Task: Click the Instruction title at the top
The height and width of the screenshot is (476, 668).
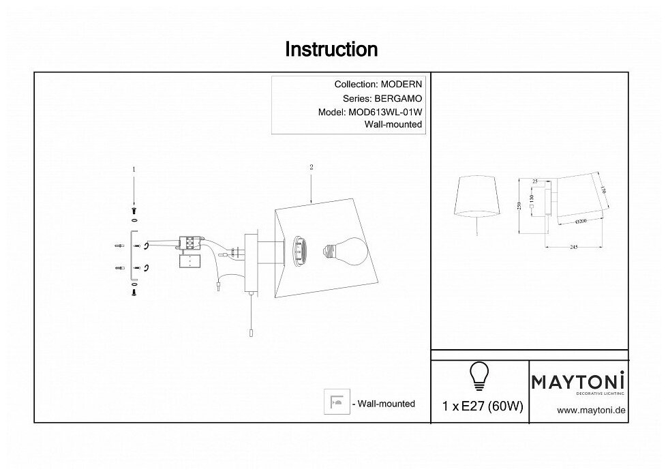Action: [331, 49]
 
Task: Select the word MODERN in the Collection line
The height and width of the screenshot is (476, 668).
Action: [401, 85]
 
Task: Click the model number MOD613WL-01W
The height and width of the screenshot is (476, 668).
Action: [384, 112]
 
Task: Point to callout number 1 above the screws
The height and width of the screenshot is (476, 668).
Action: [134, 168]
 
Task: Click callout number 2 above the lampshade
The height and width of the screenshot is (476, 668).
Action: [311, 166]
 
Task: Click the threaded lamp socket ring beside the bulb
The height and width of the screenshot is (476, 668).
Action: [299, 250]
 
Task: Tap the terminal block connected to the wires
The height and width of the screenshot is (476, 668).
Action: [188, 242]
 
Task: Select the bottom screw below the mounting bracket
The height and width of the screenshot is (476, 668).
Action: [134, 291]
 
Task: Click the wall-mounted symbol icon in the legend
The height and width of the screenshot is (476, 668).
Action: [336, 403]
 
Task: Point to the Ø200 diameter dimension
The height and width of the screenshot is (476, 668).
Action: [581, 222]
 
